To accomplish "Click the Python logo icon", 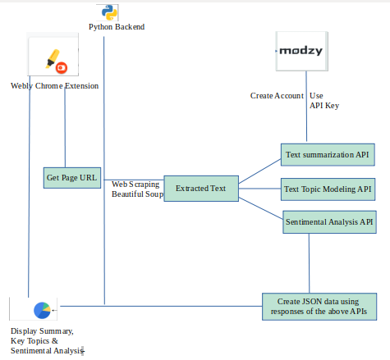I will pyautogui.click(x=106, y=11).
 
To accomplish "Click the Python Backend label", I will pyautogui.click(x=117, y=27).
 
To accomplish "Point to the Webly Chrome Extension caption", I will pyautogui.click(x=54, y=85).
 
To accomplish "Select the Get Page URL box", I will pyautogui.click(x=71, y=177).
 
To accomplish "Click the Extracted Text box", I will pyautogui.click(x=200, y=189).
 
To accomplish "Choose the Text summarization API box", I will pyautogui.click(x=327, y=154).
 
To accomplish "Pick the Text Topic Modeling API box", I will pyautogui.click(x=328, y=189).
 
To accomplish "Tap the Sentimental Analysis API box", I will pyautogui.click(x=328, y=221).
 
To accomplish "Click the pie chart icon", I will pyautogui.click(x=42, y=310).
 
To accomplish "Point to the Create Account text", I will pyautogui.click(x=277, y=96).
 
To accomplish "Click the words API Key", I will pyautogui.click(x=324, y=106).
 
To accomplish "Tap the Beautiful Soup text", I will pyautogui.click(x=137, y=194).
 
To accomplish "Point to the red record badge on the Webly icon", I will pyautogui.click(x=62, y=67).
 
